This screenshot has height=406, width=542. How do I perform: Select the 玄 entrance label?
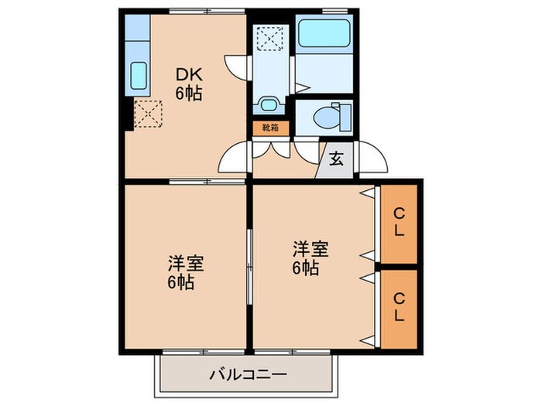pyautogui.click(x=337, y=160)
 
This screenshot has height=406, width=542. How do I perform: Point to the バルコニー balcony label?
pyautogui.click(x=247, y=375)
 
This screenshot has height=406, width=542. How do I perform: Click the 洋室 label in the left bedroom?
pyautogui.click(x=186, y=263)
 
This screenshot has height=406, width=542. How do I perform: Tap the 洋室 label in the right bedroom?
pyautogui.click(x=310, y=249)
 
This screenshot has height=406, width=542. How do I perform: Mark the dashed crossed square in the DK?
pyautogui.click(x=146, y=114)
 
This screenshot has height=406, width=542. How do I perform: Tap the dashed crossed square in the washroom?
pyautogui.click(x=270, y=37)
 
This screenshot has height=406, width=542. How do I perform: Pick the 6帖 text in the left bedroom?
pyautogui.click(x=181, y=282)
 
